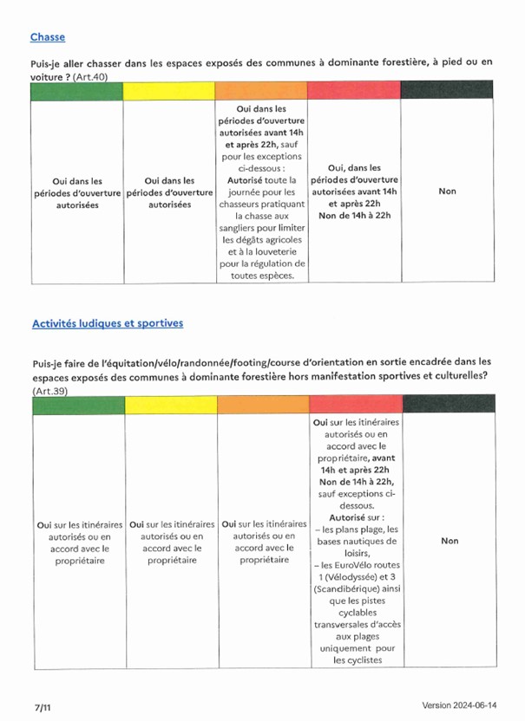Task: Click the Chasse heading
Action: point(48,37)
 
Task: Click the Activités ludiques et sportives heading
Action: point(108,323)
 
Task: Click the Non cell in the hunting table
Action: point(447,192)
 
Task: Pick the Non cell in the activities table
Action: point(450,541)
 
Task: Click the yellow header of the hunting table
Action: point(170,89)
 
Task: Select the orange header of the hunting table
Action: point(262,89)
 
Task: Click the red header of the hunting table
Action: point(355,89)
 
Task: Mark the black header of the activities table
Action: point(449,405)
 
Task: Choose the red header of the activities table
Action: point(355,405)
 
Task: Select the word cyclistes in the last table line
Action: point(358,660)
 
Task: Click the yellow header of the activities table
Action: point(170,405)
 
